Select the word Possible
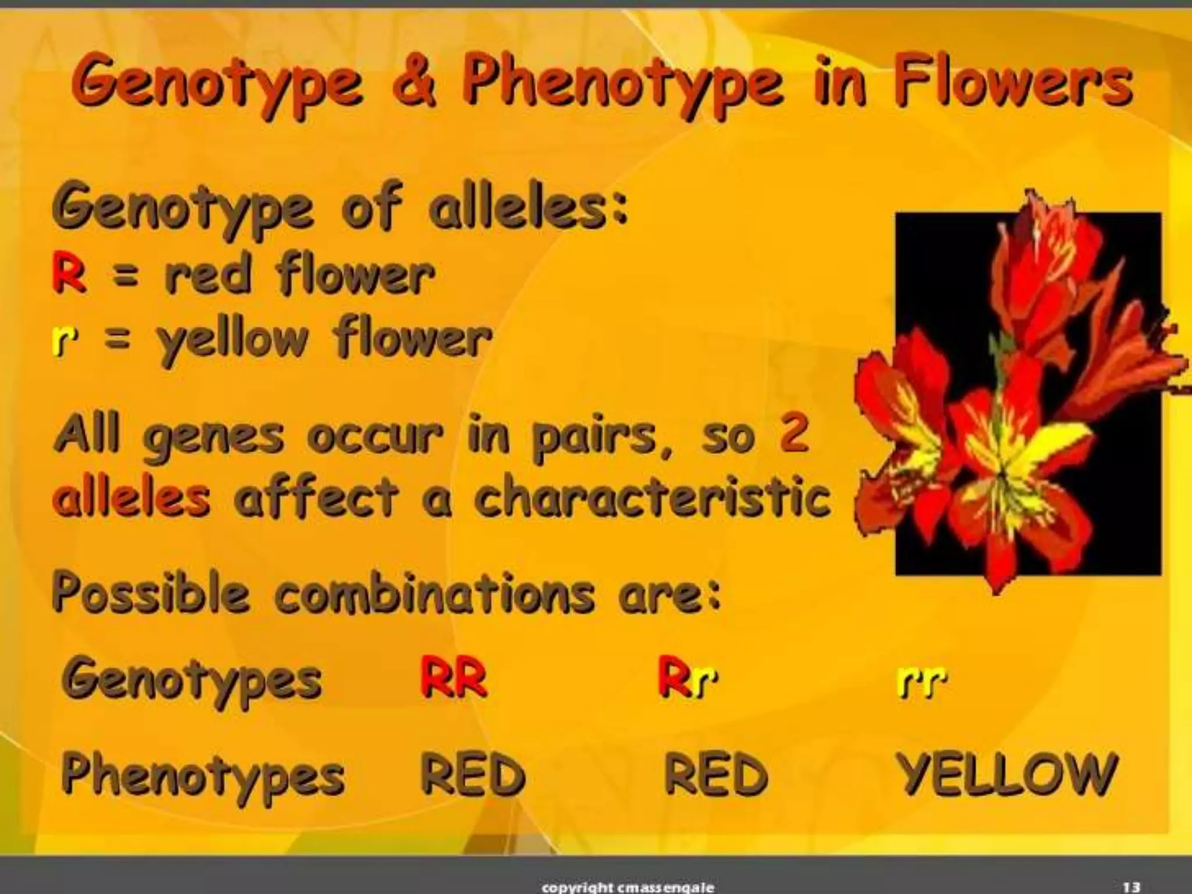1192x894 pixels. (151, 593)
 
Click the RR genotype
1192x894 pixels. (453, 679)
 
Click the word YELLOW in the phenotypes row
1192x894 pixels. (1006, 774)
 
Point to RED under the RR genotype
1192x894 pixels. (473, 774)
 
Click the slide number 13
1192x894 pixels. (1131, 887)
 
